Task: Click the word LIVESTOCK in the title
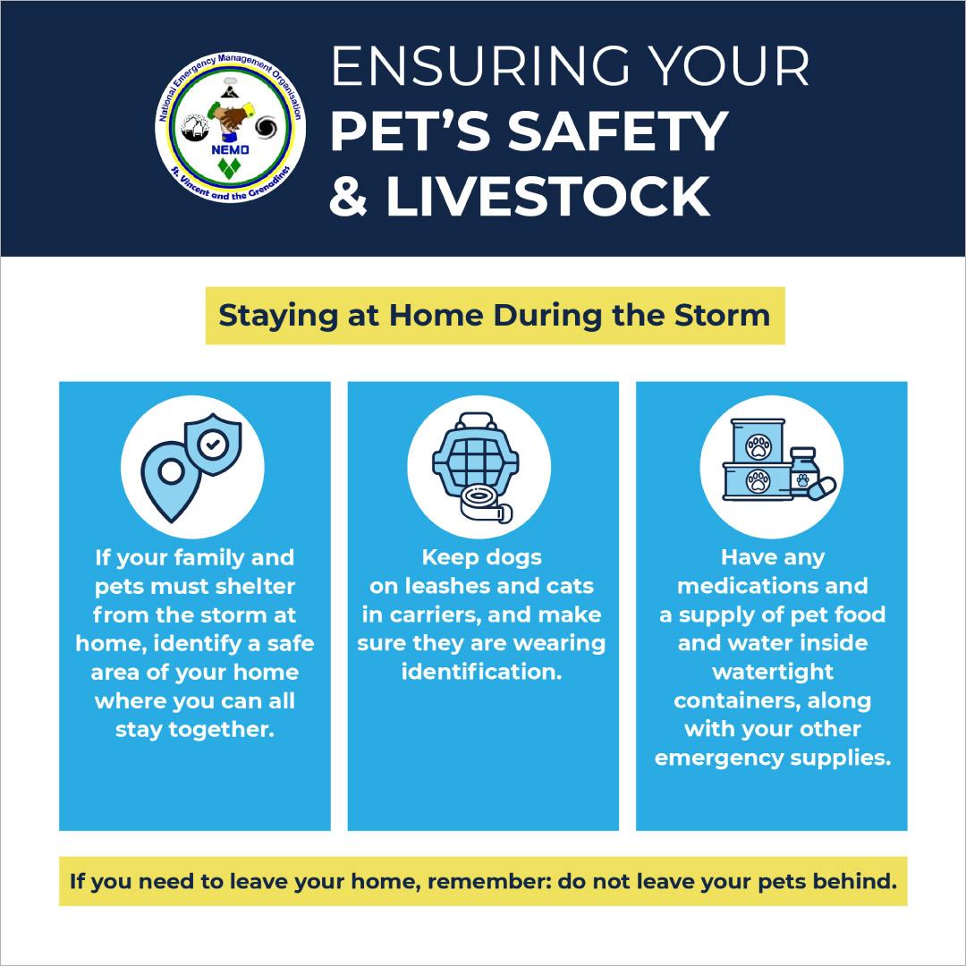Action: (548, 197)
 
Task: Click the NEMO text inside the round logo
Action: (230, 149)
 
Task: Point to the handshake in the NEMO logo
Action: (231, 115)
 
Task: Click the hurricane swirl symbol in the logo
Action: (267, 128)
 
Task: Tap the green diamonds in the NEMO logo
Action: (229, 168)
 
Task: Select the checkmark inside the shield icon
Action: (213, 443)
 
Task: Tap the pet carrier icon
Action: (476, 455)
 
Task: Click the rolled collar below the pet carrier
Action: (487, 504)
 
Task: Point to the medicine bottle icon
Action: (802, 471)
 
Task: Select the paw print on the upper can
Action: (758, 446)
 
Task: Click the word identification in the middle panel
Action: (482, 672)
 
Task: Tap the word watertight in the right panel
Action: (773, 672)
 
